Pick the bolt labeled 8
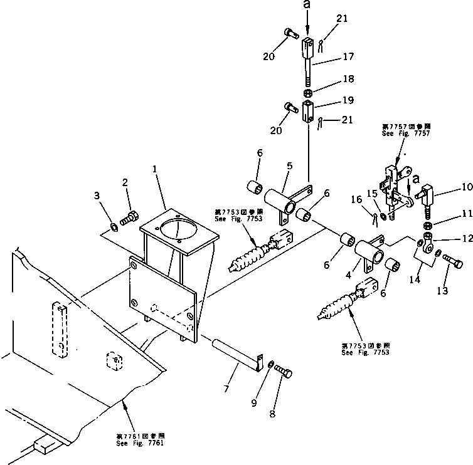(282, 374)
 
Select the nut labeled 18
(308, 93)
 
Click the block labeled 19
(308, 113)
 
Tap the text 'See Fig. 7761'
(139, 442)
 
